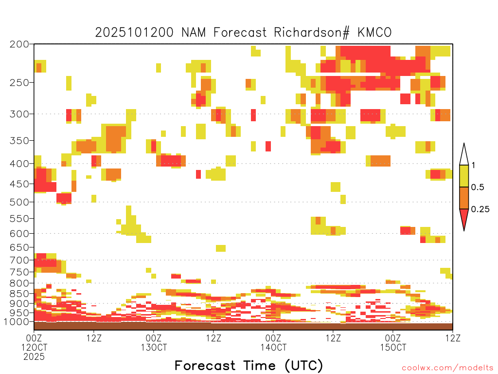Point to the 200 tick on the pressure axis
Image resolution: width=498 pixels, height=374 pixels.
(19, 44)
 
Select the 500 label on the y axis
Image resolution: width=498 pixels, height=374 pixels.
(19, 202)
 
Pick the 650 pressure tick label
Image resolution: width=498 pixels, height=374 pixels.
(19, 247)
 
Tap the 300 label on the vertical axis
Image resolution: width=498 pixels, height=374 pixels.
(19, 114)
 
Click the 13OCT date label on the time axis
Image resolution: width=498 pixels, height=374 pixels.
(154, 347)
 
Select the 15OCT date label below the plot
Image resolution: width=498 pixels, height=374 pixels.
(393, 347)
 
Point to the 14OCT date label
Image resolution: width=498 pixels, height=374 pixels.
(273, 347)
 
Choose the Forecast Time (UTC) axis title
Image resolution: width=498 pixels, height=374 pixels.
(249, 365)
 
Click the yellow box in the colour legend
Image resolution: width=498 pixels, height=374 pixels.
(464, 176)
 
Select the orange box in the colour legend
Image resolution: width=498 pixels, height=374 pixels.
(464, 198)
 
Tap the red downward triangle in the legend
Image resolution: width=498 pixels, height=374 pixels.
(464, 219)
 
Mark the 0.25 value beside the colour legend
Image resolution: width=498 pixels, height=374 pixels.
(480, 209)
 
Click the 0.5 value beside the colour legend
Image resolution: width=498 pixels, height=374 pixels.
(478, 187)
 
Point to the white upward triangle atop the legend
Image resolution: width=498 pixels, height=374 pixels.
(464, 155)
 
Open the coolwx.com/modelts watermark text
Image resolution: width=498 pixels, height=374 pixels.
(447, 368)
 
